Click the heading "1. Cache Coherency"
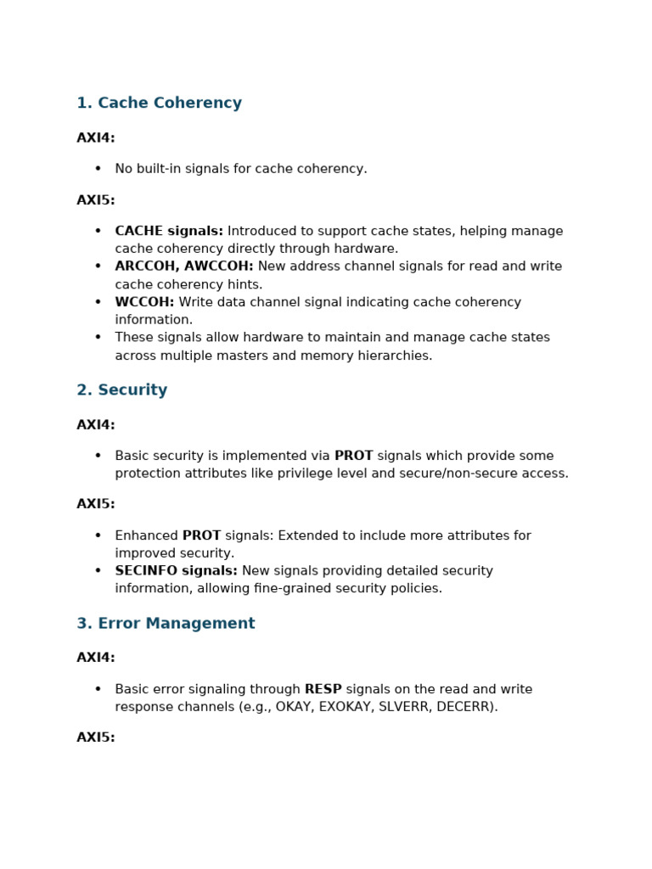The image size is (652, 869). (x=159, y=104)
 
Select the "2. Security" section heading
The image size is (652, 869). (x=121, y=390)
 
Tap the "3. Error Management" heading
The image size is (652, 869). (x=166, y=624)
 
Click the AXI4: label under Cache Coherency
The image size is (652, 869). (x=95, y=138)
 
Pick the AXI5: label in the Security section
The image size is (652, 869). (x=95, y=504)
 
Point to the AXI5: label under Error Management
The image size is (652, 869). (x=95, y=737)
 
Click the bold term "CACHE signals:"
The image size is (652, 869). (x=169, y=232)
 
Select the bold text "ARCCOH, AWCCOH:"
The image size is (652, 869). (x=184, y=266)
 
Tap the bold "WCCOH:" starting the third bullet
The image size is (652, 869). (x=144, y=302)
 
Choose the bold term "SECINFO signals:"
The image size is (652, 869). (x=176, y=571)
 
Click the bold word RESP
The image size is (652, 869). (x=323, y=689)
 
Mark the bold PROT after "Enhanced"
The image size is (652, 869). (x=201, y=535)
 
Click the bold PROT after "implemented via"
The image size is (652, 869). (x=353, y=456)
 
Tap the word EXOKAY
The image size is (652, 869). (x=345, y=707)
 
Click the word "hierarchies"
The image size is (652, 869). (x=396, y=356)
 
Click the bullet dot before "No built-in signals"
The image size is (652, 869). (x=98, y=169)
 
